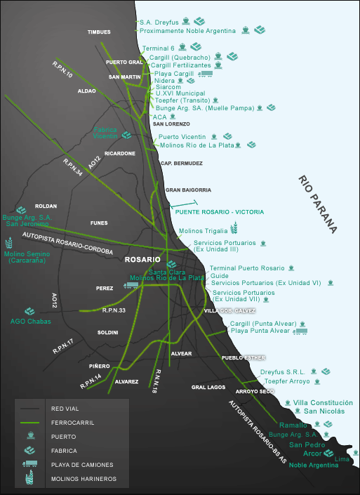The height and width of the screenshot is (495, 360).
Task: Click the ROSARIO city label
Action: [x=142, y=260]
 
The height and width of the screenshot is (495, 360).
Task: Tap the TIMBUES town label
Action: [x=99, y=32]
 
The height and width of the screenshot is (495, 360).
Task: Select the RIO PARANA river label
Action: [x=317, y=204]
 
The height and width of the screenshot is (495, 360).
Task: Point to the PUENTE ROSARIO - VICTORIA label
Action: [x=219, y=212]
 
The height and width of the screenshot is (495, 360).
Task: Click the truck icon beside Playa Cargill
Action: [x=206, y=74]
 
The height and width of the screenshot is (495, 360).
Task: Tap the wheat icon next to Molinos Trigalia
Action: [x=234, y=228]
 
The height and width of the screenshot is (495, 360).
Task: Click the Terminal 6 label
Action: [x=158, y=48]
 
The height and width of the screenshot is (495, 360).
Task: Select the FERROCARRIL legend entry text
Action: [x=72, y=423]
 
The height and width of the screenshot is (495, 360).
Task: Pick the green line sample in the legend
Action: [x=29, y=423]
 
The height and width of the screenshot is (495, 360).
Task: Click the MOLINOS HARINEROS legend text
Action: [x=84, y=479]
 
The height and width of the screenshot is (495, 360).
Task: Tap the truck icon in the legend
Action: [x=29, y=463]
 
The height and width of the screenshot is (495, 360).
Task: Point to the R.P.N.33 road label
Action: [x=114, y=310]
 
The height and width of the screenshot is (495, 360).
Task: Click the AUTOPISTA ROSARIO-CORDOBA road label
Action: [x=67, y=243]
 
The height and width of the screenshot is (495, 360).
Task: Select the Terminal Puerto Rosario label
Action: [x=247, y=268]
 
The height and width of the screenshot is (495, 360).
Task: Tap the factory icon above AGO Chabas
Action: [x=29, y=311]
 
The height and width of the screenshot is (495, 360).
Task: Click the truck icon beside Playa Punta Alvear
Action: [x=300, y=331]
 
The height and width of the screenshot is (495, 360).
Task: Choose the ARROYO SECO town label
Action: [x=255, y=392]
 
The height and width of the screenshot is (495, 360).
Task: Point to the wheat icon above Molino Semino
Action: [x=9, y=243]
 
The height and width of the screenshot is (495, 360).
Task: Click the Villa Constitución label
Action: [x=323, y=402]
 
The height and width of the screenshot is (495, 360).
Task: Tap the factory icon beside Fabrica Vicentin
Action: [x=126, y=135]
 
